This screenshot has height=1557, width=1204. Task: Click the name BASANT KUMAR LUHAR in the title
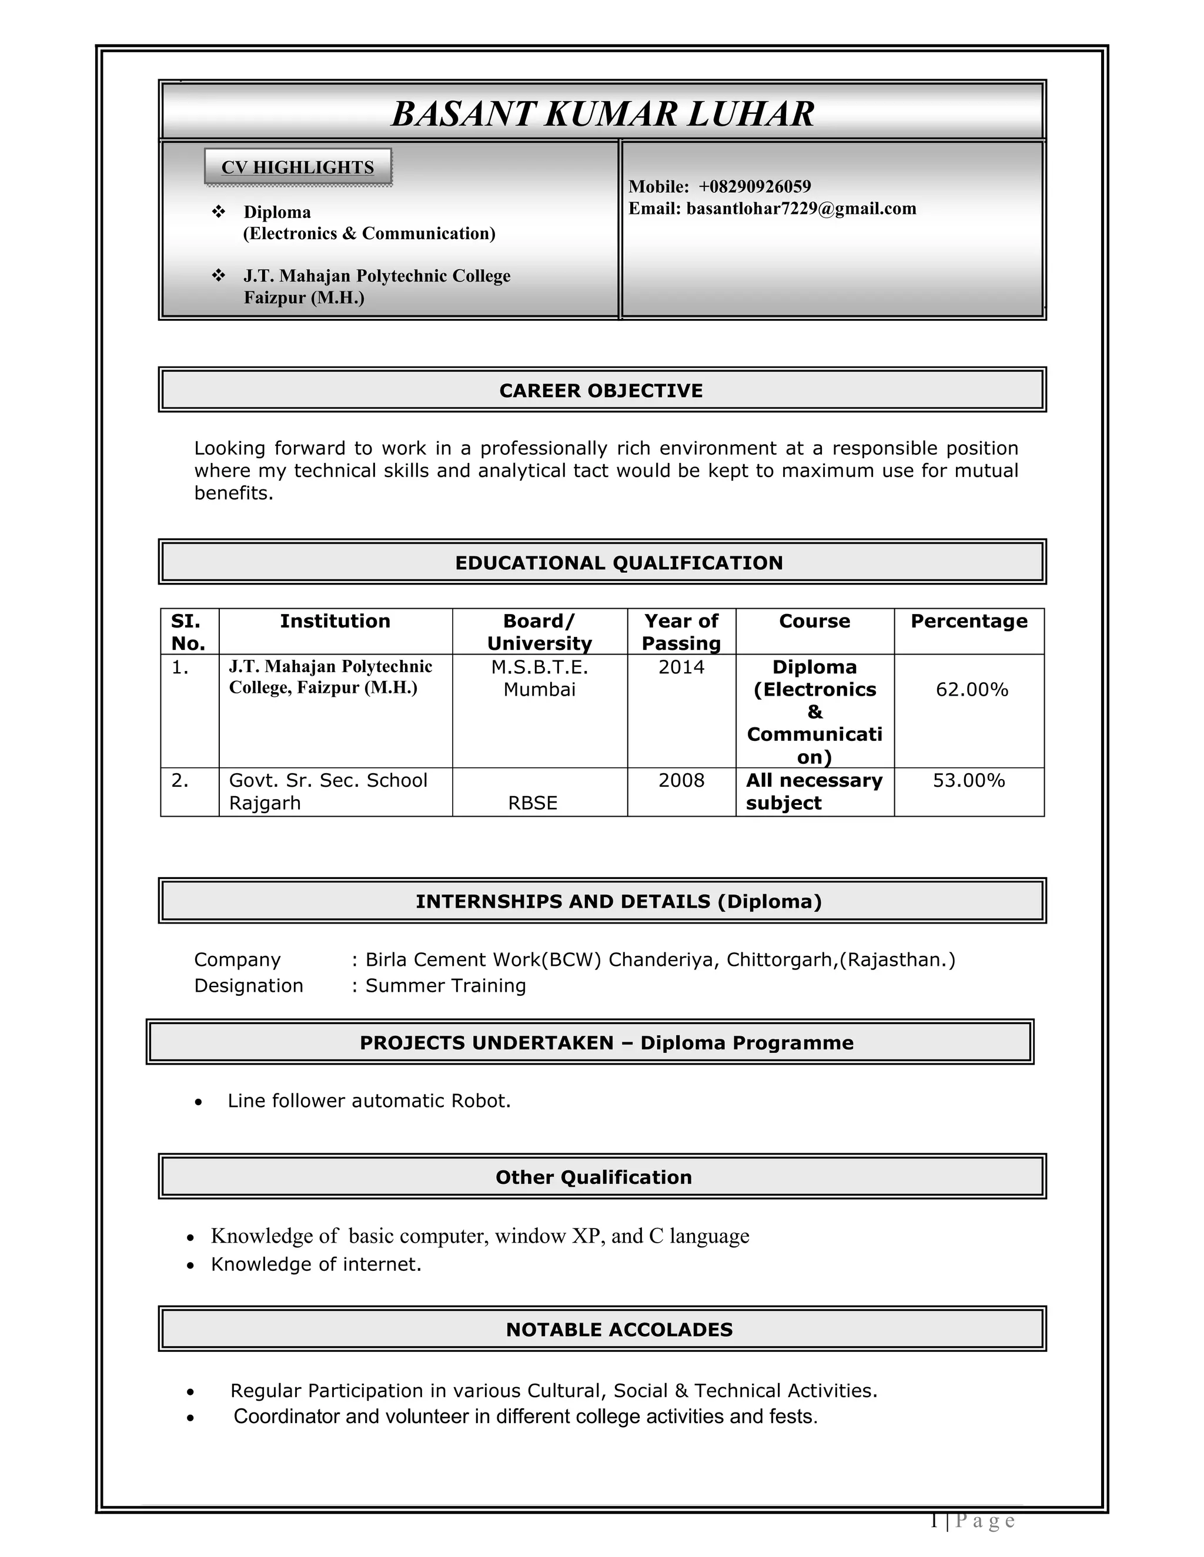(x=603, y=113)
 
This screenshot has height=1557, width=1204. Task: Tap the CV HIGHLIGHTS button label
(x=297, y=167)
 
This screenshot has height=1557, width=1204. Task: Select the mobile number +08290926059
(x=755, y=187)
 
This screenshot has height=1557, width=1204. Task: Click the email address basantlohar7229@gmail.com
(x=800, y=209)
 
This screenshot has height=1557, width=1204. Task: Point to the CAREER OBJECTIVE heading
(x=601, y=391)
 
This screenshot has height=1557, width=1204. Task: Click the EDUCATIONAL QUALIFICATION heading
(x=618, y=563)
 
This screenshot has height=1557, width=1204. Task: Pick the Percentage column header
(x=969, y=622)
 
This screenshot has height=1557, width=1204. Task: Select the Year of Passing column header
(x=681, y=632)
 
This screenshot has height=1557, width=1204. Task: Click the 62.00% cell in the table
(x=971, y=690)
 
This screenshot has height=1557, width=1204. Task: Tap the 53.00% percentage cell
(x=969, y=781)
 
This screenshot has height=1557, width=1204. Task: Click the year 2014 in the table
(x=681, y=668)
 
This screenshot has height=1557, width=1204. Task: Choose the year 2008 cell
(x=681, y=781)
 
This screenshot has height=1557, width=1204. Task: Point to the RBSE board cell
(x=533, y=803)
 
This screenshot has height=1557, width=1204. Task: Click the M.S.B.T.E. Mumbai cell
(x=539, y=679)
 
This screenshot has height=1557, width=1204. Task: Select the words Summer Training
(x=446, y=986)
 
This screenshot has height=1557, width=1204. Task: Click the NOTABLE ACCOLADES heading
(x=619, y=1330)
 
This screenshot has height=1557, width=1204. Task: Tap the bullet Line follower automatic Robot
(x=369, y=1102)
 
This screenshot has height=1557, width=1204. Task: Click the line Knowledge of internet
(x=316, y=1265)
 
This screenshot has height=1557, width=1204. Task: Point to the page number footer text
(x=973, y=1521)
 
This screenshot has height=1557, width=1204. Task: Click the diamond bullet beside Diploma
(x=219, y=212)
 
